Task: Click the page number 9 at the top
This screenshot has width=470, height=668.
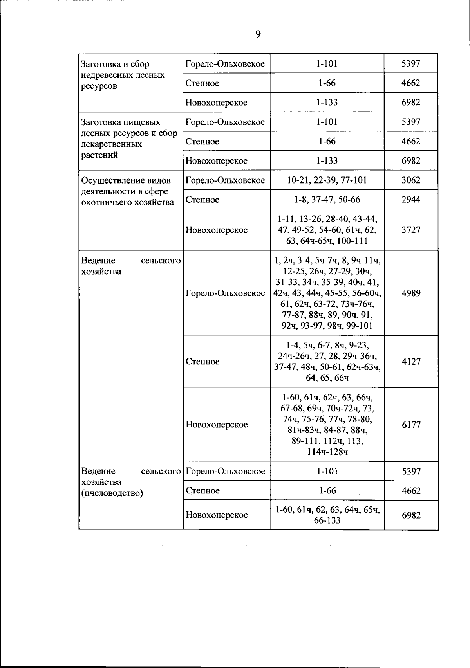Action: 258,34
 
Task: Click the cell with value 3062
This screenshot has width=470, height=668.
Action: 411,180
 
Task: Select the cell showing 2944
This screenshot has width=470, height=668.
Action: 411,200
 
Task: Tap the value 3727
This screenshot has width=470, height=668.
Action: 411,230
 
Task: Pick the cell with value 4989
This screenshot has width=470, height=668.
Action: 411,293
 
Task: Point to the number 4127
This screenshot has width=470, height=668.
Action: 411,361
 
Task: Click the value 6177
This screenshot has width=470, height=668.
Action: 411,425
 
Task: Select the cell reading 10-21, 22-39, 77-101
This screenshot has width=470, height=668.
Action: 327,180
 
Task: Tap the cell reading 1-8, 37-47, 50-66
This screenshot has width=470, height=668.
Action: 327,200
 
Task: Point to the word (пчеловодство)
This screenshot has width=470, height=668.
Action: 112,493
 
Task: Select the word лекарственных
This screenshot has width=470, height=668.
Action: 111,144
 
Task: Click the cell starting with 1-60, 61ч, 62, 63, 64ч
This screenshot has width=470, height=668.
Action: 327,515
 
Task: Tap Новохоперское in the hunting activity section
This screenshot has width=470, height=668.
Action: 217,230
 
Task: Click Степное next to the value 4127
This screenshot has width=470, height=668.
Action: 202,361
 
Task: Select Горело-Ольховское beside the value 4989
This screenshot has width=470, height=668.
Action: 225,293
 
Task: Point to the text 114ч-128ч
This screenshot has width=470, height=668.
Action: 327,452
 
